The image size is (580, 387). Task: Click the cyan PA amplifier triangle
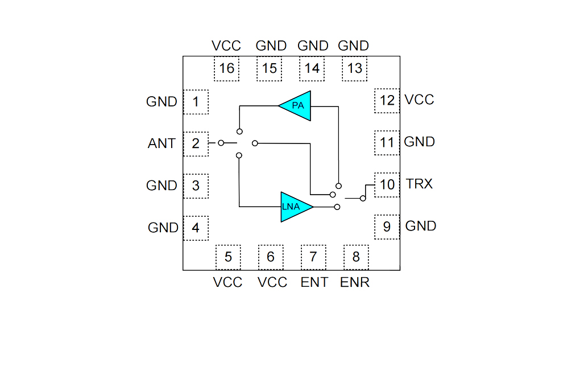pos(298,106)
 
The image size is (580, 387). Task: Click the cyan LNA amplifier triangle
pos(294,207)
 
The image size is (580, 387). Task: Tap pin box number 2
pos(196,143)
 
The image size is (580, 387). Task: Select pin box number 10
pos(387,184)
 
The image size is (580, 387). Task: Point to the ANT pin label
pos(161,143)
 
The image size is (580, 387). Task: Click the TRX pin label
pos(419,184)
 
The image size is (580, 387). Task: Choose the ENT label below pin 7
pos(314,282)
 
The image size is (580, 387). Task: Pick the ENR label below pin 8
pos(354,282)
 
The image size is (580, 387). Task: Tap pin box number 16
pos(226,68)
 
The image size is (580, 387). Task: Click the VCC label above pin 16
pos(226,46)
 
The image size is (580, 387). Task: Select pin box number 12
pos(387,100)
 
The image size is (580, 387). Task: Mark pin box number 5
pos(228,257)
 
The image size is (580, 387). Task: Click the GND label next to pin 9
pos(421,226)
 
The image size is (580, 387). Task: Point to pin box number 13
pos(355,68)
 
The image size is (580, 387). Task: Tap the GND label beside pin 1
pos(161,101)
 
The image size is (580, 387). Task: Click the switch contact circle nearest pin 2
pos(221,143)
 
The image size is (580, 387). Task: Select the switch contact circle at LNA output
pos(337,207)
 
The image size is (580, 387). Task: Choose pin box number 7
pos(313,257)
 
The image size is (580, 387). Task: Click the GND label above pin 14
pos(313,46)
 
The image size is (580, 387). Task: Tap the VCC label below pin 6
pos(272,282)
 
